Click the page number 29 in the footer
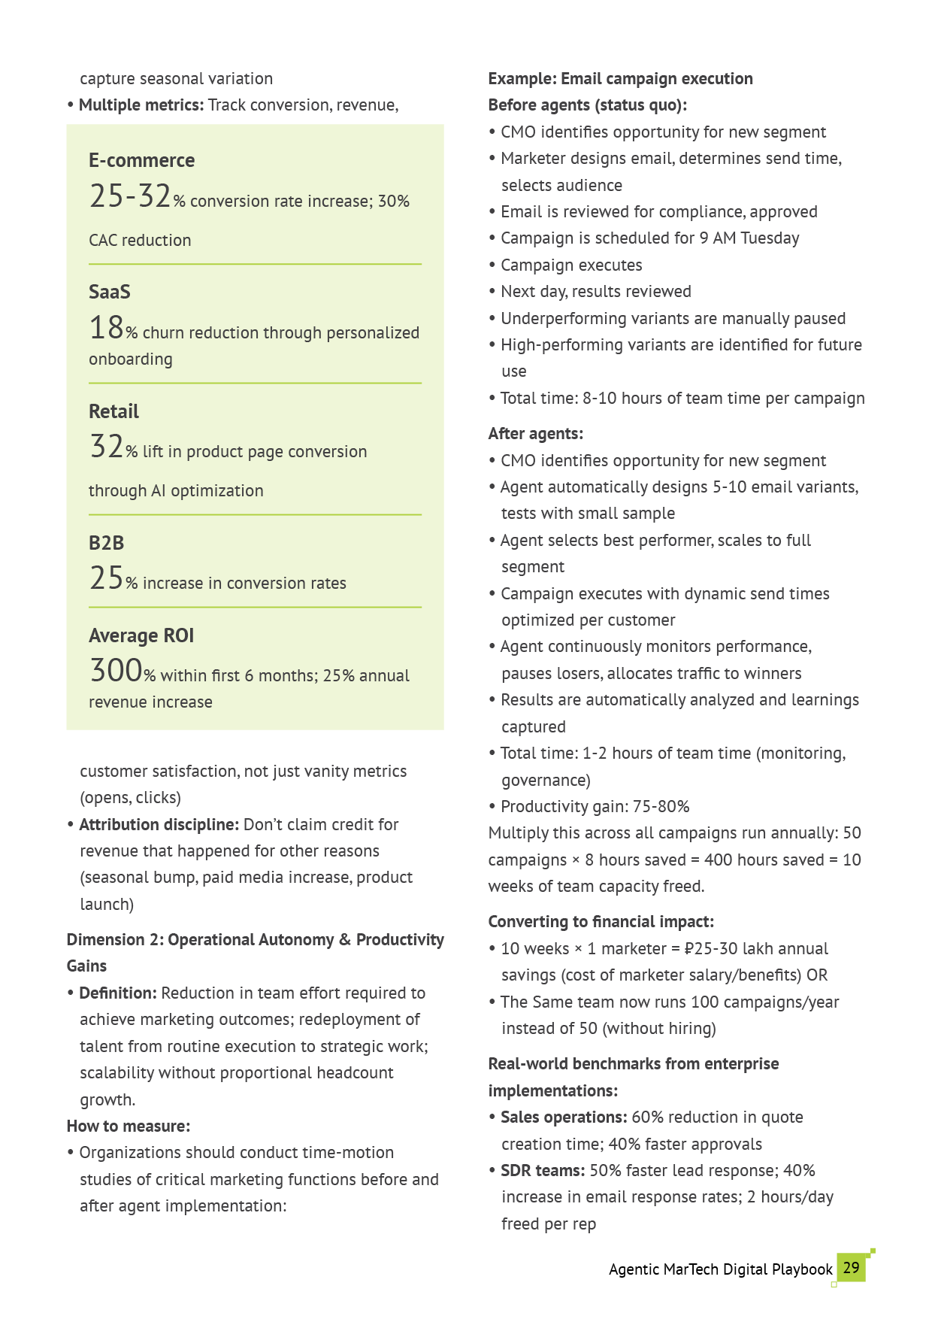[x=851, y=1268]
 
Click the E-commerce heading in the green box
[x=141, y=160]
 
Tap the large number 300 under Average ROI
[x=116, y=670]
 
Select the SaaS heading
[x=110, y=292]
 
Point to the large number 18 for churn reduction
[x=106, y=328]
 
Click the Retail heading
[x=113, y=411]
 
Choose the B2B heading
[x=106, y=543]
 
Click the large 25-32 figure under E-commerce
[x=130, y=196]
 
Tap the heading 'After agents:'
[x=535, y=434]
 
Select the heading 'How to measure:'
[x=128, y=1126]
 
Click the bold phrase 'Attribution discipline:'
[x=159, y=824]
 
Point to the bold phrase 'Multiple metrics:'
[x=141, y=105]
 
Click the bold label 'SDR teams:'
[x=543, y=1170]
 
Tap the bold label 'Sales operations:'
[x=564, y=1117]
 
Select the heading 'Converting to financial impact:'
[x=601, y=922]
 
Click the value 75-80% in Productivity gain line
[x=661, y=807]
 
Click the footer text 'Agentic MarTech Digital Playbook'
[x=720, y=1269]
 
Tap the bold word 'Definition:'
[x=118, y=993]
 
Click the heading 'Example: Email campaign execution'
[x=620, y=79]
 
